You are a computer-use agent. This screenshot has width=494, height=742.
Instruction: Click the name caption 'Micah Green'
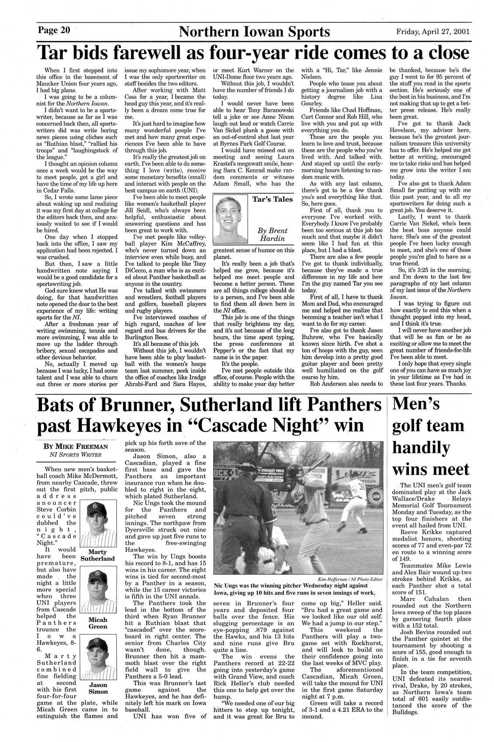(x=98, y=623)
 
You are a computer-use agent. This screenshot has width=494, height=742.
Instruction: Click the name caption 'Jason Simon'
(x=98, y=688)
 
